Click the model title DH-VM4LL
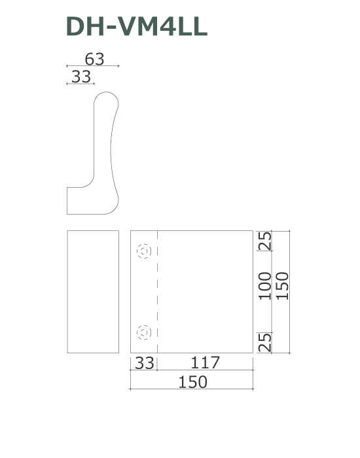coord(137,27)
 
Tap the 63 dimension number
coord(94,59)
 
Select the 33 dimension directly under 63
coord(81,77)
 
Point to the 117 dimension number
coord(205,362)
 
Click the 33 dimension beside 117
coord(144,363)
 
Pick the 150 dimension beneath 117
coord(192,381)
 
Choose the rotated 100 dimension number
coord(265,286)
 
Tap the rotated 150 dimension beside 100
coord(282,286)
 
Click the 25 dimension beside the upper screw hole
coord(265,241)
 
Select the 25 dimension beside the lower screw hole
coord(265,342)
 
